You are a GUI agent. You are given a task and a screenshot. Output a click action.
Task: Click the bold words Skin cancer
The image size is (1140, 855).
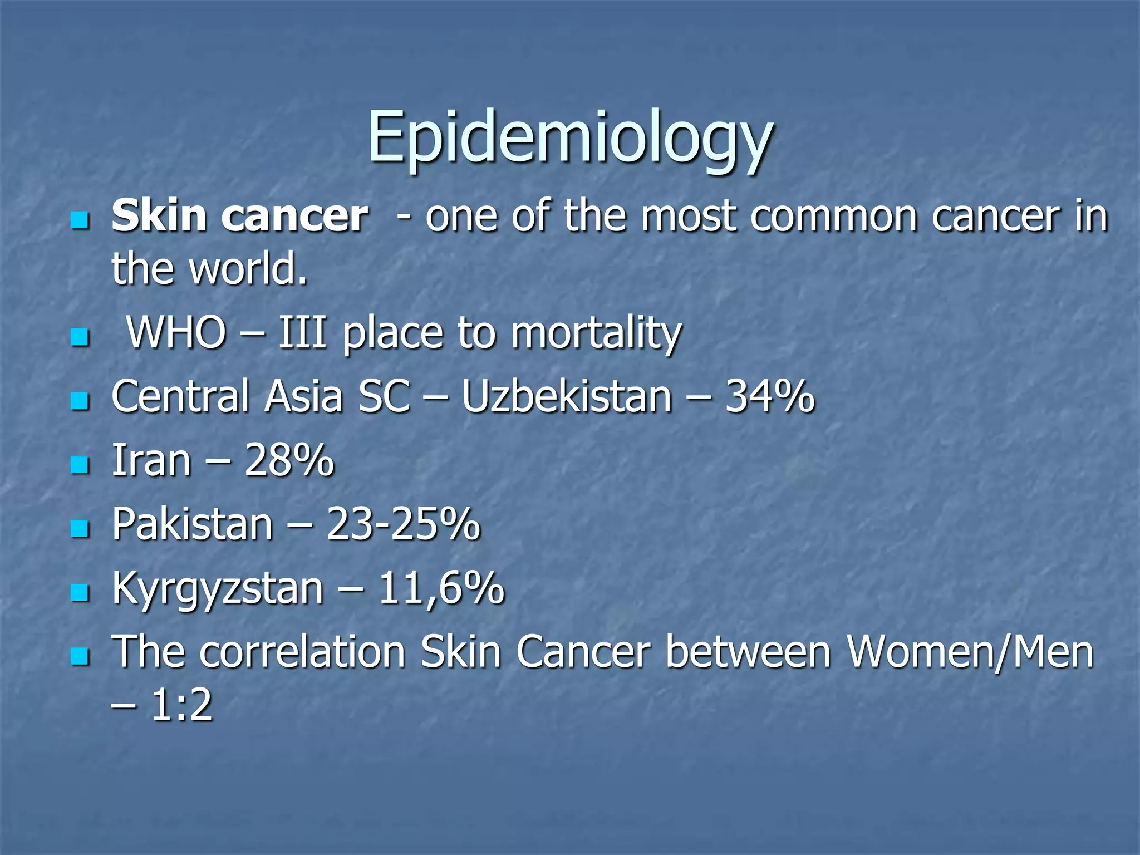(239, 216)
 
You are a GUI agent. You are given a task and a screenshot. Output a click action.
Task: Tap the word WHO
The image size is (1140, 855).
(176, 333)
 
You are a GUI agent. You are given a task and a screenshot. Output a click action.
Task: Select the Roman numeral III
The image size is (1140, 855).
(302, 333)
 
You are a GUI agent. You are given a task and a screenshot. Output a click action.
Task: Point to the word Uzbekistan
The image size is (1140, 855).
(567, 397)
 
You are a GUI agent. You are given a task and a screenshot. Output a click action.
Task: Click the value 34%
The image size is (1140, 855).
(770, 397)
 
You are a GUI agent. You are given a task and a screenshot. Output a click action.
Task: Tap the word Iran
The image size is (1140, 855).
(151, 461)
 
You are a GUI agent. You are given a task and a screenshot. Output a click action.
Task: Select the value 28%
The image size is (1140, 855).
(289, 461)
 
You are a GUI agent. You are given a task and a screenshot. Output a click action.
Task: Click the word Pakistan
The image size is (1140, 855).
(192, 524)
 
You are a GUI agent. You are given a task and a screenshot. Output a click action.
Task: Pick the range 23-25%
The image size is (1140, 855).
(403, 524)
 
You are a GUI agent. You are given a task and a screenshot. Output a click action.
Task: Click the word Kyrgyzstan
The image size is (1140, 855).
(218, 589)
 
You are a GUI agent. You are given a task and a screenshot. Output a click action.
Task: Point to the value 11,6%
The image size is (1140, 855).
(441, 588)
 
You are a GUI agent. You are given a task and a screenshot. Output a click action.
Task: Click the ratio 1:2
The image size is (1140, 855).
(181, 705)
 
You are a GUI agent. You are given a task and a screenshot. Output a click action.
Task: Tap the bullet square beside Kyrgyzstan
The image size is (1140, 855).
(81, 593)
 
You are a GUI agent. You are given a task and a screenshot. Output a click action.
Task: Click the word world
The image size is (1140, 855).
(248, 269)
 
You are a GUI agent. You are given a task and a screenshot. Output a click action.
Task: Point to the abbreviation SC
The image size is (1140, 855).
(384, 397)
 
